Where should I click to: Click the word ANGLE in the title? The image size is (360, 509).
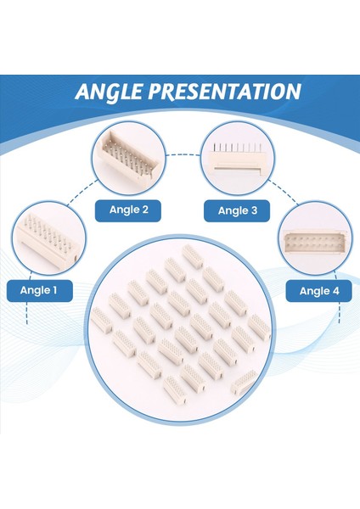pos(109,92)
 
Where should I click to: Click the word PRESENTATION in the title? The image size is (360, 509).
pos(225,92)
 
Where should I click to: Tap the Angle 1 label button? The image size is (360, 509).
pos(40,290)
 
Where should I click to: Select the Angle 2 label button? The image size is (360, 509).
pos(128,210)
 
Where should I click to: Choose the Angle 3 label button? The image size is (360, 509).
pos(237,210)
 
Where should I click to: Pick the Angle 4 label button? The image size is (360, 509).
pos(318,291)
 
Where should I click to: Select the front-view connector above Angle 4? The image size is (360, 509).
pos(315,242)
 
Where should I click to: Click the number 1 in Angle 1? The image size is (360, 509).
pos(54,290)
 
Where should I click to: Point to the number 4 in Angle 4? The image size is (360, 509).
pos(335,291)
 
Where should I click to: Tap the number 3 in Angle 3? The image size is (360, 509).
pos(254,210)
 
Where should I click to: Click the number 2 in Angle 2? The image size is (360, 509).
pos(145,210)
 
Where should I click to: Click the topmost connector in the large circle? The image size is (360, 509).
pos(193,257)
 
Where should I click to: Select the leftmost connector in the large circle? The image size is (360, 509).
pos(101,320)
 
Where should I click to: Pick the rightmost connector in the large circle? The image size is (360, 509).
pos(260,327)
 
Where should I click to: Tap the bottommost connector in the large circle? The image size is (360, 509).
pos(175,390)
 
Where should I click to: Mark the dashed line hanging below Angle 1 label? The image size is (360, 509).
pos(27,313)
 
